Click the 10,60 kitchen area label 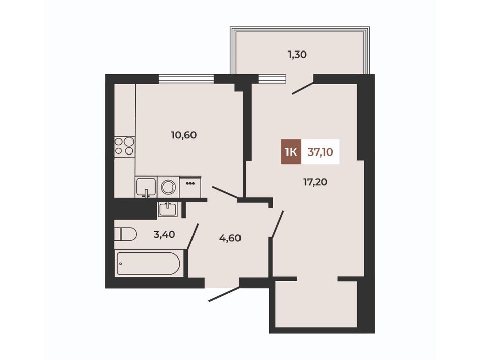coord(184,135)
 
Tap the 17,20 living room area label coord(315,182)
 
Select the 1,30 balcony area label coord(297,55)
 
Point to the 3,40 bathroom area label coord(164,235)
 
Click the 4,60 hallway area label coord(230,238)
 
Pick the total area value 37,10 coord(320,151)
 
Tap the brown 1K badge coord(291,151)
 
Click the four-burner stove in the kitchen coord(125,146)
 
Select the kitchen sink coord(146,187)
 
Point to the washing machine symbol coord(168,187)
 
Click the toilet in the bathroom coord(125,234)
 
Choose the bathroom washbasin coord(167,210)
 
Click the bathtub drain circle coord(121,264)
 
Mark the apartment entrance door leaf coord(224,294)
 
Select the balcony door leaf coord(303,87)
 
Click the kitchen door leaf coord(225,193)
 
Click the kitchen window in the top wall coord(186,79)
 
